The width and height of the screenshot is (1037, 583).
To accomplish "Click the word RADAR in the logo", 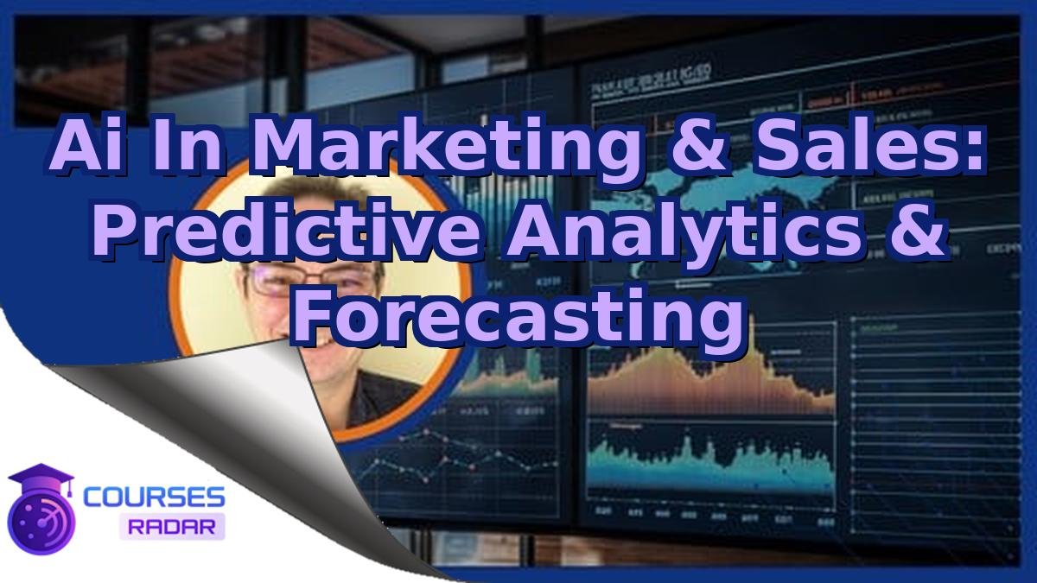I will coord(172,525).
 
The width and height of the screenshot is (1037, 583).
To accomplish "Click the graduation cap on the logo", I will coord(40,476).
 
